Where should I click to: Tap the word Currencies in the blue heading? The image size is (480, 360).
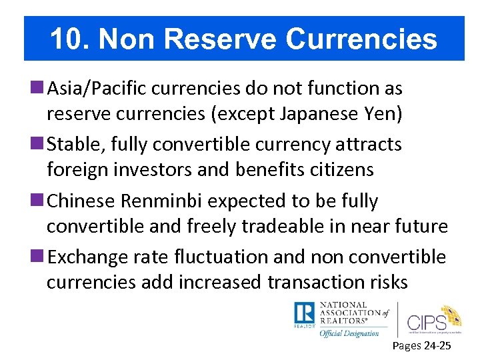click(x=361, y=39)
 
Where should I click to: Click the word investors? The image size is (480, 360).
click(x=142, y=170)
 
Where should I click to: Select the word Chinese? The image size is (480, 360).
click(x=79, y=201)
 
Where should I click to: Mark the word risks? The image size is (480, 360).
click(x=383, y=283)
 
